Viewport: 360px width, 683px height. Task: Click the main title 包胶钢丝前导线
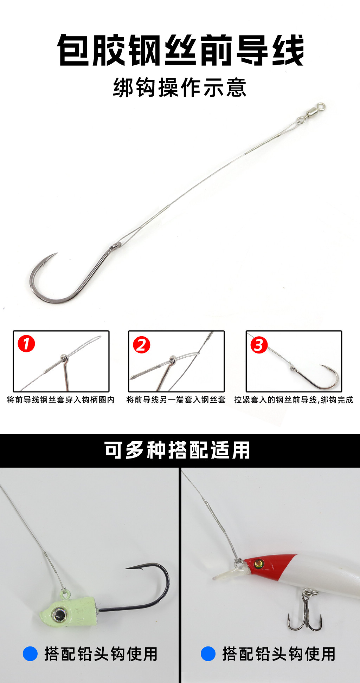pyautogui.click(x=180, y=50)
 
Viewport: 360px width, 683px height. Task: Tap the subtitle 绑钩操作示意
pyautogui.click(x=180, y=87)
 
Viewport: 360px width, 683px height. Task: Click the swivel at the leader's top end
pyautogui.click(x=311, y=113)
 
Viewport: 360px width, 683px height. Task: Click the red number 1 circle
pyautogui.click(x=26, y=344)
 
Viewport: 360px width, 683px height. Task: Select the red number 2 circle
pyautogui.click(x=141, y=345)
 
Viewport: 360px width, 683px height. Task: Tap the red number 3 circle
pyautogui.click(x=259, y=345)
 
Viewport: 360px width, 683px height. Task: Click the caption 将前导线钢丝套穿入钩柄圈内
pyautogui.click(x=61, y=400)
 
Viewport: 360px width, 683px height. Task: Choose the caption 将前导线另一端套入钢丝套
pyautogui.click(x=176, y=400)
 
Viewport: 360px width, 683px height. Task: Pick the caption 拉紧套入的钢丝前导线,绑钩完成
pyautogui.click(x=294, y=400)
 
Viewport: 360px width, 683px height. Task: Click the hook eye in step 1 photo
pyautogui.click(x=64, y=358)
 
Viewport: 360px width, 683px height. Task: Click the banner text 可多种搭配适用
pyautogui.click(x=177, y=450)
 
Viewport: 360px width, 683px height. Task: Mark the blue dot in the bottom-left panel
pyautogui.click(x=30, y=654)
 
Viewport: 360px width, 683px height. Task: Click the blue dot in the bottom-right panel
pyautogui.click(x=208, y=654)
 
